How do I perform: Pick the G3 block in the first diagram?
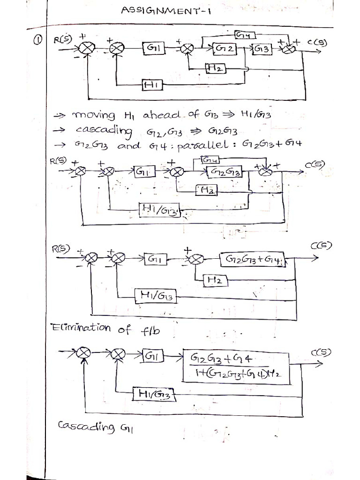pyautogui.click(x=262, y=49)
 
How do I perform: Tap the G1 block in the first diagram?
pyautogui.click(x=154, y=48)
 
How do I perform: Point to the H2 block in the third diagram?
pyautogui.click(x=215, y=281)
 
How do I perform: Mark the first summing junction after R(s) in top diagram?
pyautogui.click(x=87, y=47)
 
